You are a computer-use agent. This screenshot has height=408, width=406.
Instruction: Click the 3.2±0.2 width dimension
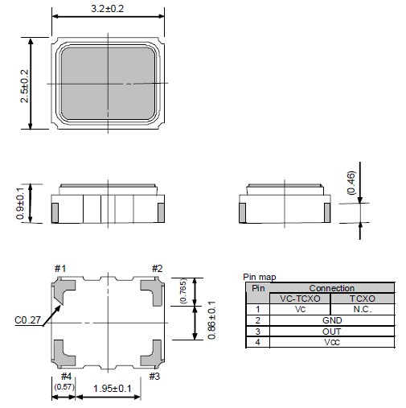tap(108, 9)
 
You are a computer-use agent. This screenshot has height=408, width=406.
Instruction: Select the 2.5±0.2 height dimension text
tap(24, 86)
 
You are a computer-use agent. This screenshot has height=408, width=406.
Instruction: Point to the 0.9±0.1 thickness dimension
tap(20, 204)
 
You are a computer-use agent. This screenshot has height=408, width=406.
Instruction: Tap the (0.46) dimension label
tap(351, 183)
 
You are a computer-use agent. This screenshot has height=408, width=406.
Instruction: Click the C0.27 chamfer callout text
tap(27, 320)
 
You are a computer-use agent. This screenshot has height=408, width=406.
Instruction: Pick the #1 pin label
tap(60, 268)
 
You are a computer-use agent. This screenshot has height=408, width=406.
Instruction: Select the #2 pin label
tap(157, 268)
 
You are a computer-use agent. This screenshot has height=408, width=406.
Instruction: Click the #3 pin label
tap(154, 377)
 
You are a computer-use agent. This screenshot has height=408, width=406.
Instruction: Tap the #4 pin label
tap(66, 377)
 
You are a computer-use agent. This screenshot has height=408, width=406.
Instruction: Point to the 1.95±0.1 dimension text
tap(113, 389)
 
